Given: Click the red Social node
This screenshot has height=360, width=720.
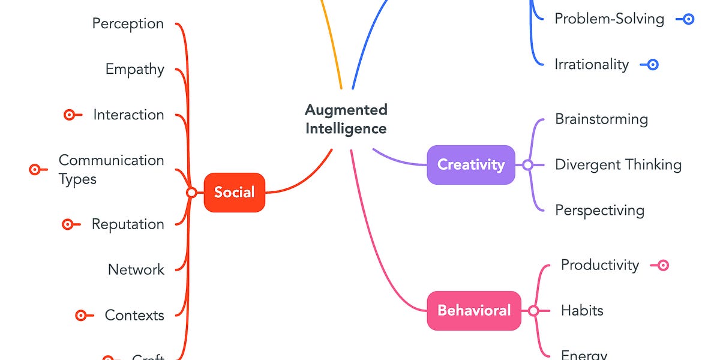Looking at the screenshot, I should tap(234, 193).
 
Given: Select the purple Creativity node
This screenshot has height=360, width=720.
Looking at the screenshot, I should tap(470, 164).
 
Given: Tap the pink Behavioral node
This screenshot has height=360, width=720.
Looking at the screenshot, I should tap(473, 310).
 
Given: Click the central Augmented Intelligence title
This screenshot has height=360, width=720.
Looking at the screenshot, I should tap(346, 119).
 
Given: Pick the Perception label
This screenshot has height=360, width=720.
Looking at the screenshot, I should tap(128, 23).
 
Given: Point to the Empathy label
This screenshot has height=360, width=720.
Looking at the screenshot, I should tap(134, 69).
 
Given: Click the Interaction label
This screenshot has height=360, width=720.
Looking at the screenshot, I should tap(128, 115).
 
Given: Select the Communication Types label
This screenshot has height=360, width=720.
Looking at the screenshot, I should tap(111, 169).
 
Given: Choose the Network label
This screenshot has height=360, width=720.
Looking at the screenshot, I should tap(136, 269).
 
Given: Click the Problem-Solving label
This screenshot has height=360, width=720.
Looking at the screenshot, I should tap(609, 19).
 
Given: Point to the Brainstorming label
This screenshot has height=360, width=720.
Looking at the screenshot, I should tap(601, 119).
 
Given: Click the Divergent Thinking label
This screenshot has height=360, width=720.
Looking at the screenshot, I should tap(618, 164).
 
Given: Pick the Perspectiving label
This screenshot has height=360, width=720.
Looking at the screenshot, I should tap(599, 210).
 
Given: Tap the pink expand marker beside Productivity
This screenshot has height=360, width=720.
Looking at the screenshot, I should tap(663, 265).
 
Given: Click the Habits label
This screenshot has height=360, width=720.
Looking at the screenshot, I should tap(582, 310).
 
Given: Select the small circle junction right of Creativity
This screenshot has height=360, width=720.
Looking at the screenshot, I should tap(527, 164).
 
